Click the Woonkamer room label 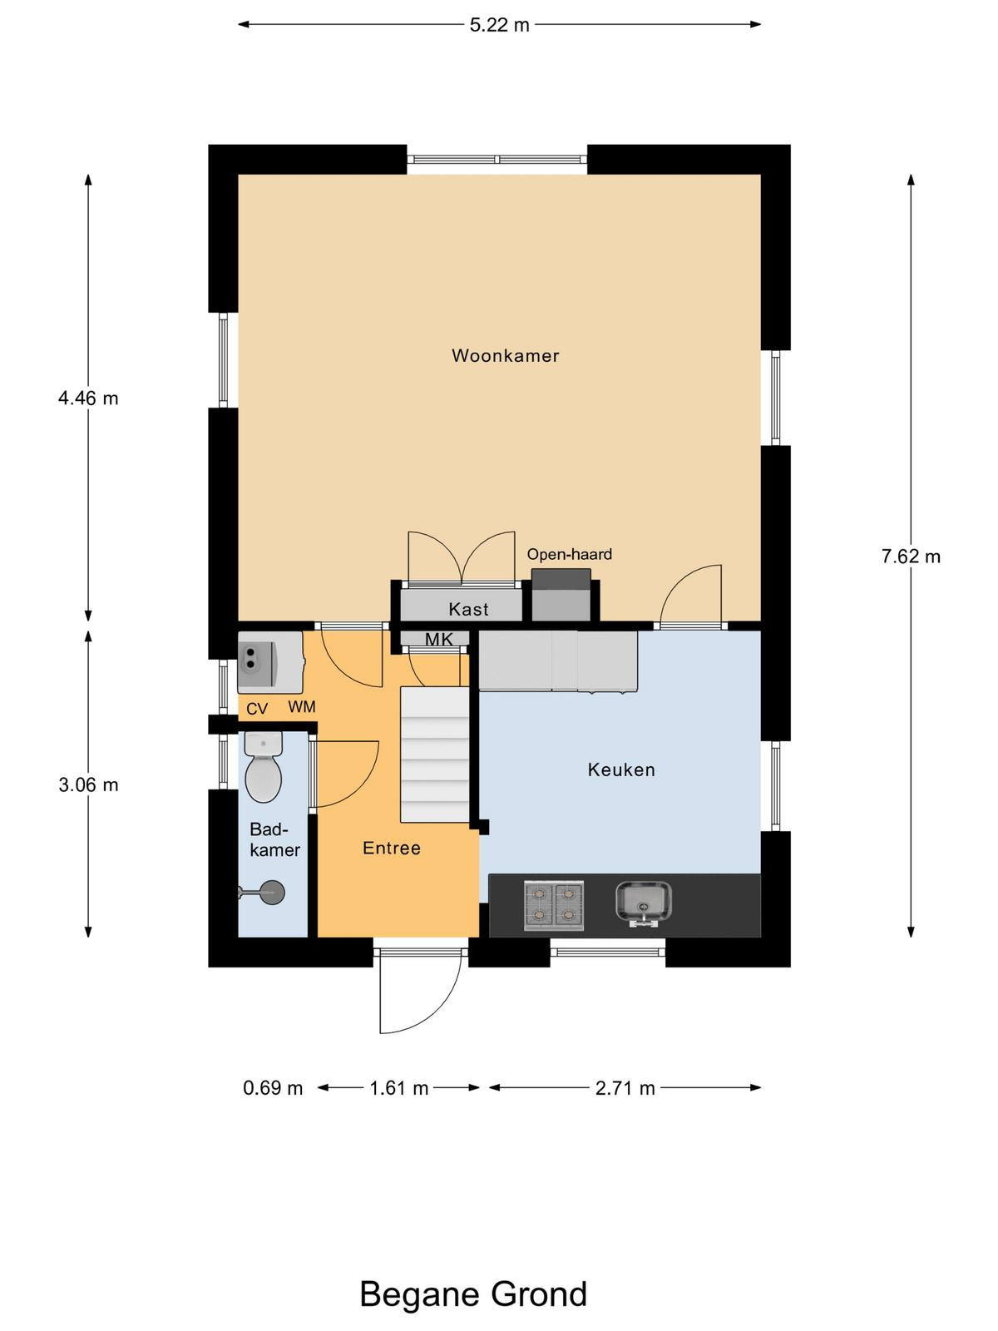(x=506, y=355)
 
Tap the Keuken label (x=621, y=770)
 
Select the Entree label (x=392, y=848)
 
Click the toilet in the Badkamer (x=264, y=767)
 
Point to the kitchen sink (x=644, y=903)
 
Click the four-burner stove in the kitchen (x=554, y=906)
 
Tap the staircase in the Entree (x=435, y=755)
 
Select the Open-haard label (x=569, y=554)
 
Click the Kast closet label (x=468, y=609)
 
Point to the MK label (x=439, y=639)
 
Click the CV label (x=257, y=708)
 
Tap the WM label (x=302, y=706)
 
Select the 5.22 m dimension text (x=499, y=25)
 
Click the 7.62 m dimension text (x=911, y=556)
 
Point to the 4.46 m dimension (x=88, y=398)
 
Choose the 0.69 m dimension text (x=273, y=1088)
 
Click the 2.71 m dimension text (x=625, y=1088)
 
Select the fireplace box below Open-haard (x=561, y=595)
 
